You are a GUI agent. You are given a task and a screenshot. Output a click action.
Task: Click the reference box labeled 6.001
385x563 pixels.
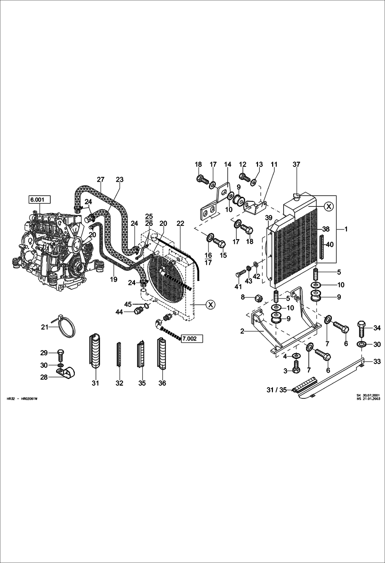tap(39, 199)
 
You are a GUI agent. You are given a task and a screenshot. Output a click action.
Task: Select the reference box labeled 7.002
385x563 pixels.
tap(192, 338)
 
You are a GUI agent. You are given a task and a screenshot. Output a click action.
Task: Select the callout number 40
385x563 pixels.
tap(330, 245)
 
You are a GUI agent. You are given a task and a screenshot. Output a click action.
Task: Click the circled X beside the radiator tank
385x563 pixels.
tap(328, 206)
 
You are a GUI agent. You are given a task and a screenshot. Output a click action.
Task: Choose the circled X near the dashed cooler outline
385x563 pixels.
tap(210, 305)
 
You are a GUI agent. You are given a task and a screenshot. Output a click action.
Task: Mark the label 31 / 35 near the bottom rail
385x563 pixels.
tap(276, 390)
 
